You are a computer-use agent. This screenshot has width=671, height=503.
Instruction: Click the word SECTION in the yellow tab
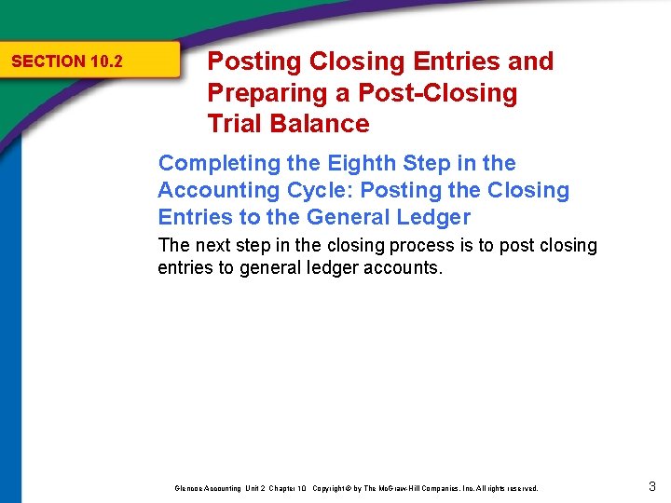(48, 62)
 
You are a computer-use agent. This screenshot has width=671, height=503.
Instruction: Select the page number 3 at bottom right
(652, 484)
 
